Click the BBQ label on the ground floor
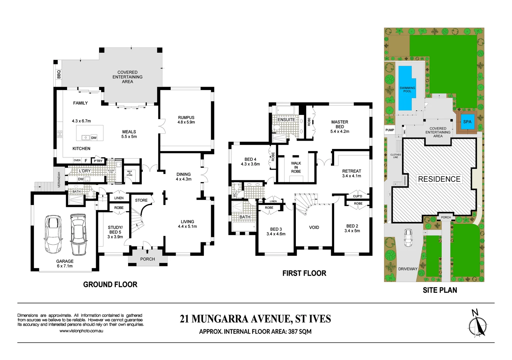point(59,74)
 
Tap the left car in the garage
point(53,234)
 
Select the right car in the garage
point(78,234)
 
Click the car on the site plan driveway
point(408,238)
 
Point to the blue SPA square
point(467,122)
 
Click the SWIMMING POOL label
point(407,89)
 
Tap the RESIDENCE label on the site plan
point(439,179)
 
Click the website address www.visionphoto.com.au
point(81,331)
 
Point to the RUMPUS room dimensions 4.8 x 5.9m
point(186,122)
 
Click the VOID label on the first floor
point(314,227)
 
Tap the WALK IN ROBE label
point(296,167)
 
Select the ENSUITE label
point(286,120)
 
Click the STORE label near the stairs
point(141,200)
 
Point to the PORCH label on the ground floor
point(147,259)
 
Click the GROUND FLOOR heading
point(110,284)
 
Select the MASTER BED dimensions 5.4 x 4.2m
point(340,131)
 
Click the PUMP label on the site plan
point(390,130)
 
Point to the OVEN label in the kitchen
point(77,160)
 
